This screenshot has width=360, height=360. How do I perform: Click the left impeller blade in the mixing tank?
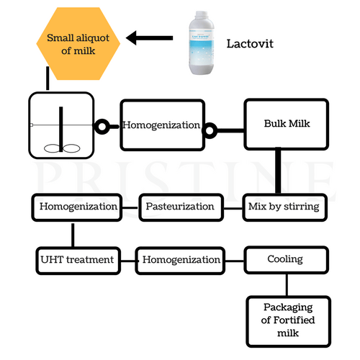pos(51,148)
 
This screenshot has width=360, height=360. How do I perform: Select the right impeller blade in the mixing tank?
pos(71,148)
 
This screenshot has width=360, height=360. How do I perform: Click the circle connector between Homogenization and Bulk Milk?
pos(210,130)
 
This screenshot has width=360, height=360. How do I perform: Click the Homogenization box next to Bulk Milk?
pos(161,125)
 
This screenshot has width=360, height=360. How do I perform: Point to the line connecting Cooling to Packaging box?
pos(287,283)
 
